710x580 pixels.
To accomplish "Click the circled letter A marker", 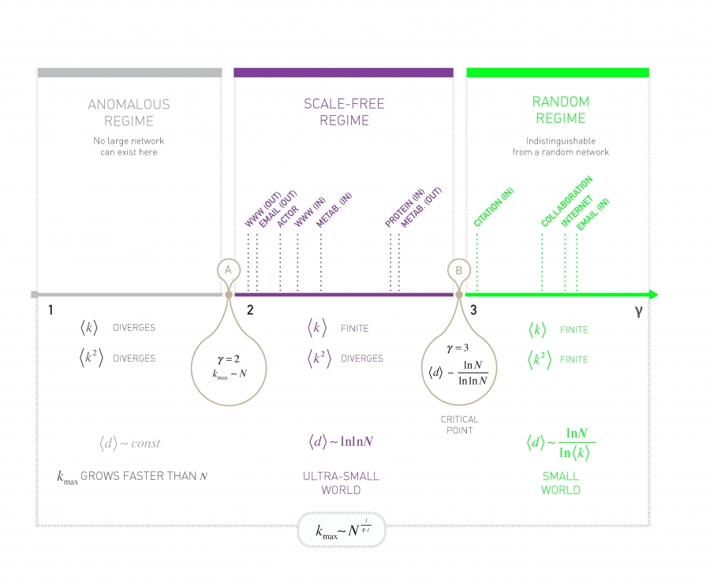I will [228, 270].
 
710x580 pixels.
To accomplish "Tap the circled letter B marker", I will [458, 270].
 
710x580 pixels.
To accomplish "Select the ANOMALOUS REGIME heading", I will [129, 113].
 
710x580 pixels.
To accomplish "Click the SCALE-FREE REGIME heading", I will [344, 112].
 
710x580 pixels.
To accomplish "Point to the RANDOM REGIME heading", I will [560, 110].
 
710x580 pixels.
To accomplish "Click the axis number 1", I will [50, 310].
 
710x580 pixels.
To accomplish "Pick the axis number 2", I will [249, 310].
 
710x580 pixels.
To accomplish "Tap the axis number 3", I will [473, 310].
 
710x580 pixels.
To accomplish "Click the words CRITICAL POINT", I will [459, 425].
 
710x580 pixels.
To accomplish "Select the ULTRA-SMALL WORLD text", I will [341, 483].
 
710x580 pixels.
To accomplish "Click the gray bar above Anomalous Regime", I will [129, 72].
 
